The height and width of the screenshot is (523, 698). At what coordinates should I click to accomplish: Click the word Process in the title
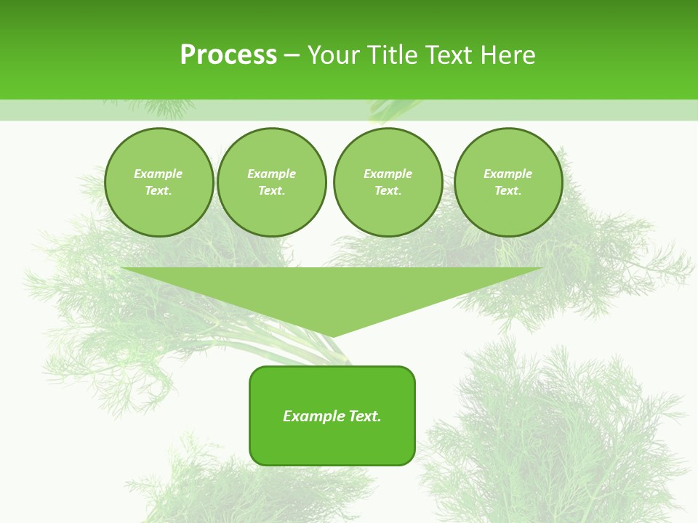(228, 55)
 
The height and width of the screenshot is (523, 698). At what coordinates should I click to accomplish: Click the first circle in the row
(159, 182)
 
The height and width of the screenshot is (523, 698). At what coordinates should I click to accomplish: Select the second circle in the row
(272, 182)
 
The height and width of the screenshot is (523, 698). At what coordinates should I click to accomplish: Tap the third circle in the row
(388, 182)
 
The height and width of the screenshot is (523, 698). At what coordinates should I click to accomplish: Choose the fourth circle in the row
(508, 182)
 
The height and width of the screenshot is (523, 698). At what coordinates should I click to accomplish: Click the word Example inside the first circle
(159, 174)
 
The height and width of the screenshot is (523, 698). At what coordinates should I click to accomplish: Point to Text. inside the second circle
(272, 191)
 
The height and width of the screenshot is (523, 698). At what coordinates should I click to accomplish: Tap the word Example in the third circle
(388, 174)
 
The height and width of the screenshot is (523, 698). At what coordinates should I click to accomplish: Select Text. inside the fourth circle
(508, 191)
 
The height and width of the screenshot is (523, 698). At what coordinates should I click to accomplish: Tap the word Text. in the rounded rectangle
(366, 416)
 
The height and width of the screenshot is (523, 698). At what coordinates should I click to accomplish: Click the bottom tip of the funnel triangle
(332, 336)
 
